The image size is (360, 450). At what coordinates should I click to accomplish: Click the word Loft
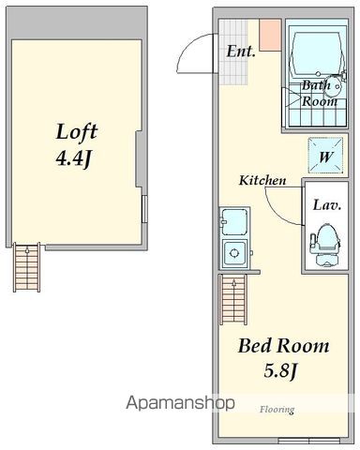77,131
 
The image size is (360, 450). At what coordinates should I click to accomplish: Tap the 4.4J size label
73,158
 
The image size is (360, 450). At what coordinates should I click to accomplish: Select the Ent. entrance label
241,52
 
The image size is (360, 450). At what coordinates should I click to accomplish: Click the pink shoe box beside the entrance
270,35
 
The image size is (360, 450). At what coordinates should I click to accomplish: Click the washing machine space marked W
325,156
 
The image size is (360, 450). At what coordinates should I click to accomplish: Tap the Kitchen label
262,180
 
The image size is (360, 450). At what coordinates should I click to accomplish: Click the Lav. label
326,205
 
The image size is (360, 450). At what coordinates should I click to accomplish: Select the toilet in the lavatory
324,245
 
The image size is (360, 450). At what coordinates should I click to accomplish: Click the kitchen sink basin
234,222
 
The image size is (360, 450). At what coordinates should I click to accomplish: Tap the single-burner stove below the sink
234,253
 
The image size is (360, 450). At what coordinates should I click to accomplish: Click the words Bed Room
283,346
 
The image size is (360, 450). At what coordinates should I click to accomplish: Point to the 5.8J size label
280,371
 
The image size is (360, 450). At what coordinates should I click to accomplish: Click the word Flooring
277,409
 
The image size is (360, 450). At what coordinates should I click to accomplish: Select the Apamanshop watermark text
180,403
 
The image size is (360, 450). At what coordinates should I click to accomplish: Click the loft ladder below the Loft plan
27,267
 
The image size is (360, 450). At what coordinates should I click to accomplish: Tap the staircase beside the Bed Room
233,300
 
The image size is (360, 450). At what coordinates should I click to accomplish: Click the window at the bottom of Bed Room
308,441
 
